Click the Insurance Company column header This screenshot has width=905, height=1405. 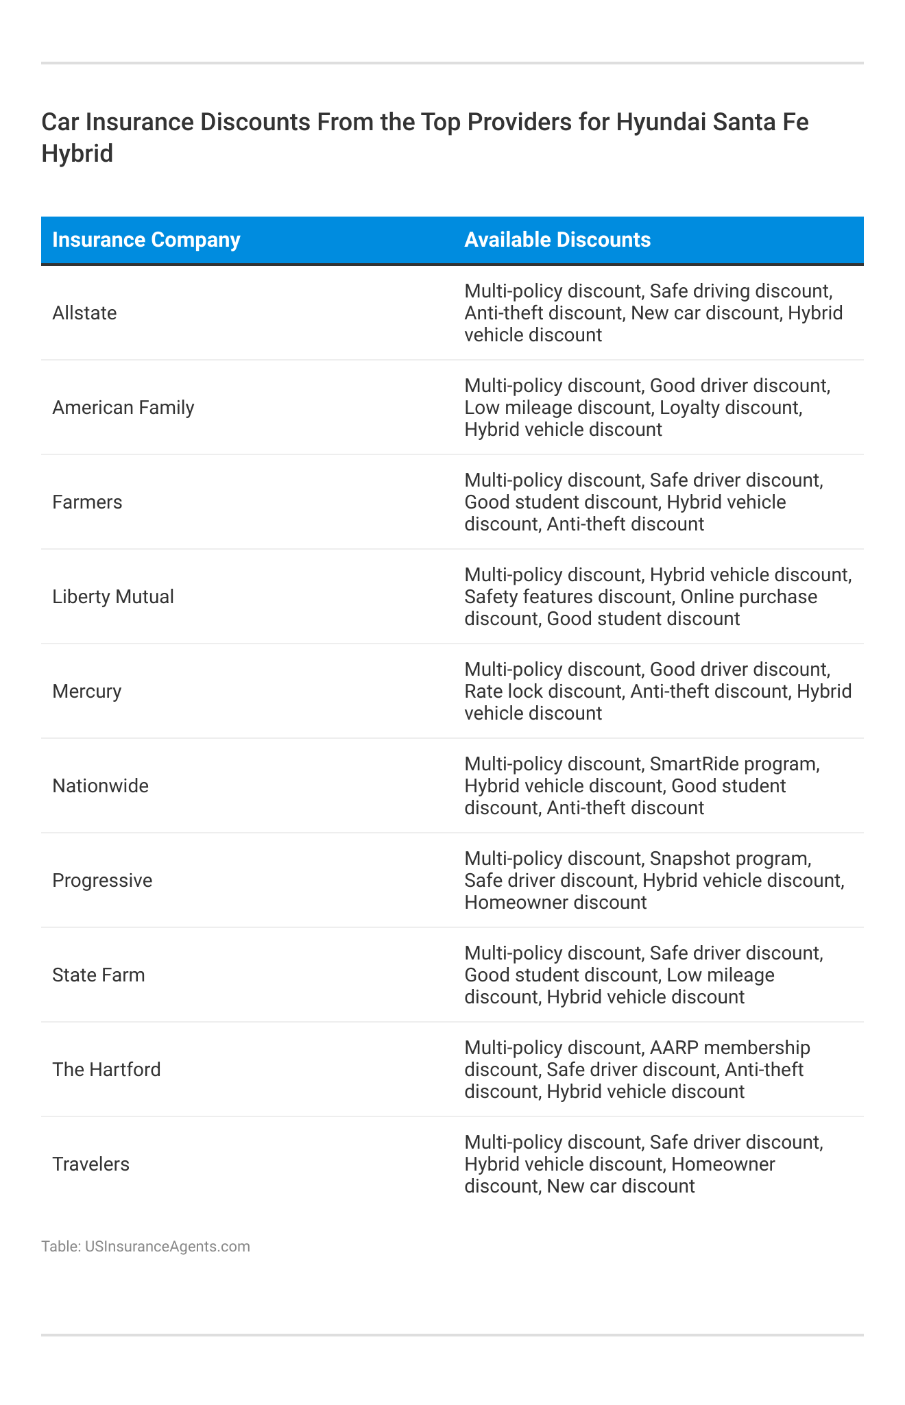[x=146, y=240]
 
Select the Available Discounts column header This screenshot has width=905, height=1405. [x=557, y=240]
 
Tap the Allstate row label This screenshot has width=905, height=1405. [x=84, y=313]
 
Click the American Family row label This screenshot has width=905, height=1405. [x=123, y=408]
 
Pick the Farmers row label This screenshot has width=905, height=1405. [x=87, y=502]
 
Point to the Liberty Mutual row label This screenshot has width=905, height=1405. [x=113, y=597]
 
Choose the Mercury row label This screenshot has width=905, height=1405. [x=87, y=692]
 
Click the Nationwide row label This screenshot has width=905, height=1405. [x=100, y=786]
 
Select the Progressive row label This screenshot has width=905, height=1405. [x=102, y=881]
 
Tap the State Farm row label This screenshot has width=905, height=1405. [x=99, y=975]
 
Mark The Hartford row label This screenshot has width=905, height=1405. [x=106, y=1070]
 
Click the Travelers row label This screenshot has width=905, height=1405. [x=90, y=1164]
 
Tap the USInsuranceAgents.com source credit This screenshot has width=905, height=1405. [x=167, y=1246]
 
